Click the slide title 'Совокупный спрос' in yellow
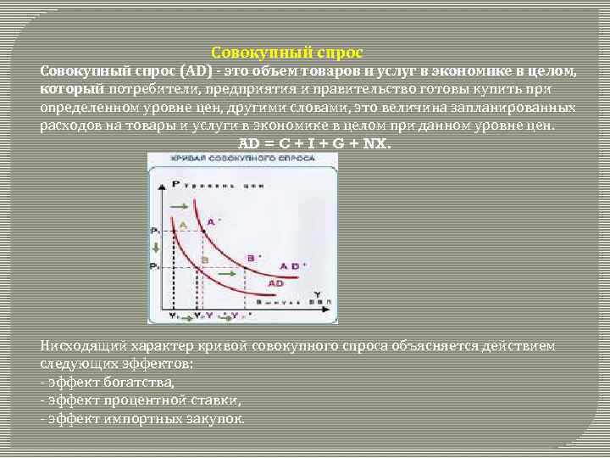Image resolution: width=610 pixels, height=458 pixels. [286, 53]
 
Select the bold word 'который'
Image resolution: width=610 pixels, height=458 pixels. [71, 89]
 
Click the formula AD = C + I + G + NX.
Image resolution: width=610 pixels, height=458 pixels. [316, 143]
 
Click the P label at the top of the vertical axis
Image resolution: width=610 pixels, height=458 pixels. [175, 183]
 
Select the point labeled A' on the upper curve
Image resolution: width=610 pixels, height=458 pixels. [213, 221]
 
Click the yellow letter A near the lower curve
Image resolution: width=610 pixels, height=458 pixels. [184, 223]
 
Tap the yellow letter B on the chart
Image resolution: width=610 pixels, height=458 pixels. [204, 259]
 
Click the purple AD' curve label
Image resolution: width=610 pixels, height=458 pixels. [290, 265]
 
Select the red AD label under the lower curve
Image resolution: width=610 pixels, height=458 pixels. [275, 282]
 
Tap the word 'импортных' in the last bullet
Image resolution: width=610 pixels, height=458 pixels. [138, 419]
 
